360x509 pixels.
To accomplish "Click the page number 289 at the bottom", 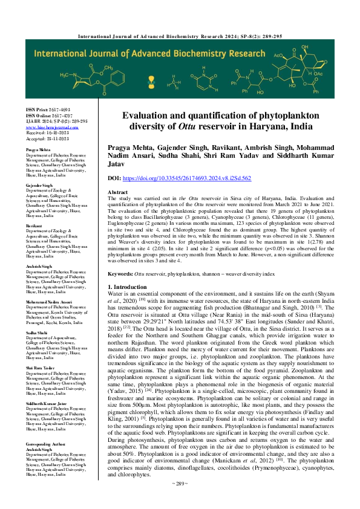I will [180, 499].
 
